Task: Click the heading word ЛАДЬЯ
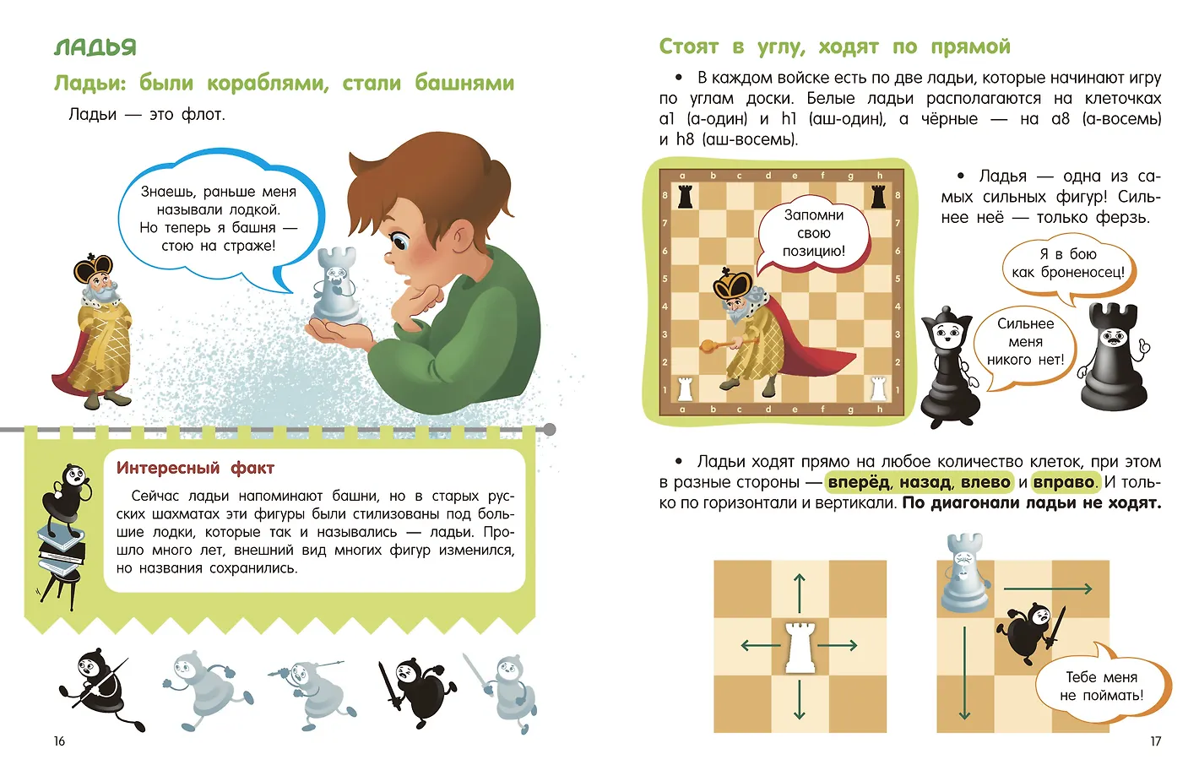pos(95,47)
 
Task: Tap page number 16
pos(59,741)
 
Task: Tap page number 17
pos(1155,741)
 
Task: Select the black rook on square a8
pos(685,198)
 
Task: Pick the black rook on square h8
pos(878,198)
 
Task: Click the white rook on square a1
pos(685,388)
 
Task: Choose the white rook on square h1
pos(878,388)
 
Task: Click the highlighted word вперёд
pos(858,482)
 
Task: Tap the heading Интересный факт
pos(195,468)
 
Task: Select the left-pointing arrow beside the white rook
pos(757,646)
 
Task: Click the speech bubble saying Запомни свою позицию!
pos(813,234)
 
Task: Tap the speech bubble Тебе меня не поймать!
pos(1102,686)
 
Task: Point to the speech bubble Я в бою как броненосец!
pos(1067,263)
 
